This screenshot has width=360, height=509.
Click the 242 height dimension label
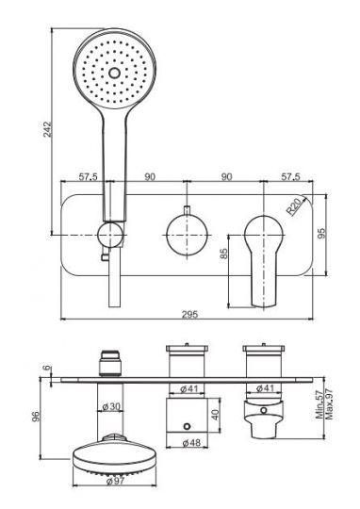coord(47,129)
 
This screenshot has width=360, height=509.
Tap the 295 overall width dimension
coord(189,314)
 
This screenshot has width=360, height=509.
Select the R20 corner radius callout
coord(294,207)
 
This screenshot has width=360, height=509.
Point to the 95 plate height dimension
coord(321,234)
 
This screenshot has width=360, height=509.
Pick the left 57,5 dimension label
coord(89,177)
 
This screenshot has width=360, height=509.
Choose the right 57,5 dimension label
coord(291,177)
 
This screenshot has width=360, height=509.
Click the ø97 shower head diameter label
coord(115,481)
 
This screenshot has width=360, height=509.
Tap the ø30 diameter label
coord(111,406)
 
